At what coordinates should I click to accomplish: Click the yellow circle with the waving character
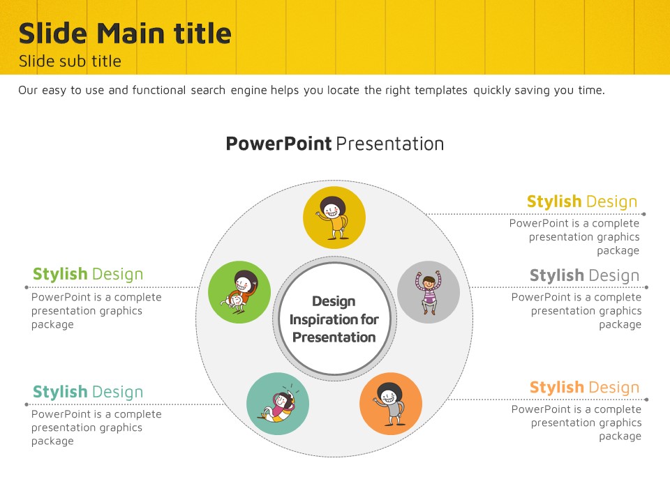coord(334,218)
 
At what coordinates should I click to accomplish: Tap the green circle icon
coord(239,292)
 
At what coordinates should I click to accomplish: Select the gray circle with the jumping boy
coord(429,292)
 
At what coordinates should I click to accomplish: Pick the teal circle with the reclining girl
coord(278,404)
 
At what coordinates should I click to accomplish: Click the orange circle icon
coord(391,404)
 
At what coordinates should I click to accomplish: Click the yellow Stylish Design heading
coord(582,201)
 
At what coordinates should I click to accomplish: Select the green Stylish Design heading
coord(88,274)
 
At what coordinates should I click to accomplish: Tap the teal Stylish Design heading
coord(88,392)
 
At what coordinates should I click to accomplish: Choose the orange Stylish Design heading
coord(585,388)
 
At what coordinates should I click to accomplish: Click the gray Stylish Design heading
coord(585,276)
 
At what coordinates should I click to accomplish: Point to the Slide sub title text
coord(70,61)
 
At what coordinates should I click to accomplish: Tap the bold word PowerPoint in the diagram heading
coord(278,144)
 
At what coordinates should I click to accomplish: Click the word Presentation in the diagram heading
coord(390,144)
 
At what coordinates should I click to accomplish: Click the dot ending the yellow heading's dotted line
coord(644,214)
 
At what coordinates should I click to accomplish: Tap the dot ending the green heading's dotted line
coord(27,288)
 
